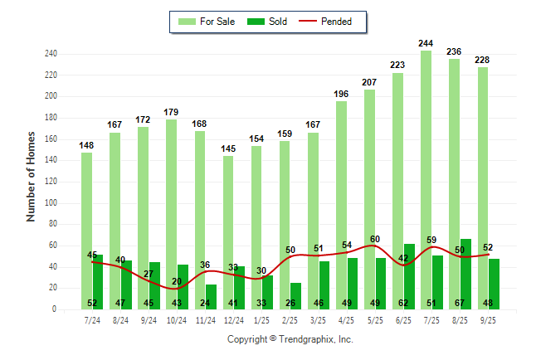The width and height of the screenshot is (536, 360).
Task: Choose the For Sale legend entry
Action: (x=207, y=22)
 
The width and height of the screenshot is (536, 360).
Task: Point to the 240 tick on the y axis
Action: (x=50, y=54)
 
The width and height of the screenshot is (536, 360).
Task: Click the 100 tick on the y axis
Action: (x=50, y=203)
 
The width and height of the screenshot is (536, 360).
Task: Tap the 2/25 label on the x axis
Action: (x=290, y=319)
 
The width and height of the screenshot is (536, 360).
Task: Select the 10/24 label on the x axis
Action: (x=177, y=319)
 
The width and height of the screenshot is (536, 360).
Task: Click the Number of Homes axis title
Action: (x=32, y=176)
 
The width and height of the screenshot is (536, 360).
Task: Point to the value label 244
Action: (x=426, y=43)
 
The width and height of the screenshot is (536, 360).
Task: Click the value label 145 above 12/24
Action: (x=228, y=148)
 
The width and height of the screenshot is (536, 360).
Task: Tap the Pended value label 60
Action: (x=375, y=239)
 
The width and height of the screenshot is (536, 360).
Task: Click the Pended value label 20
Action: (x=176, y=281)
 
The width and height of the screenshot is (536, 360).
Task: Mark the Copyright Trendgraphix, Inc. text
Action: (x=290, y=339)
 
